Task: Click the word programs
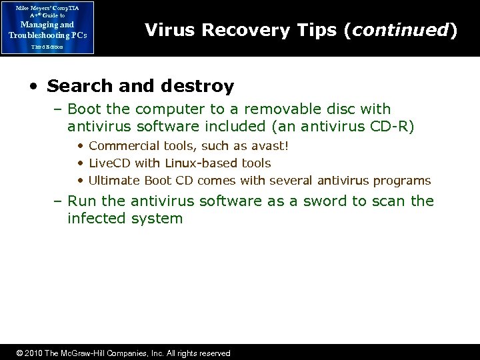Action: (405, 180)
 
